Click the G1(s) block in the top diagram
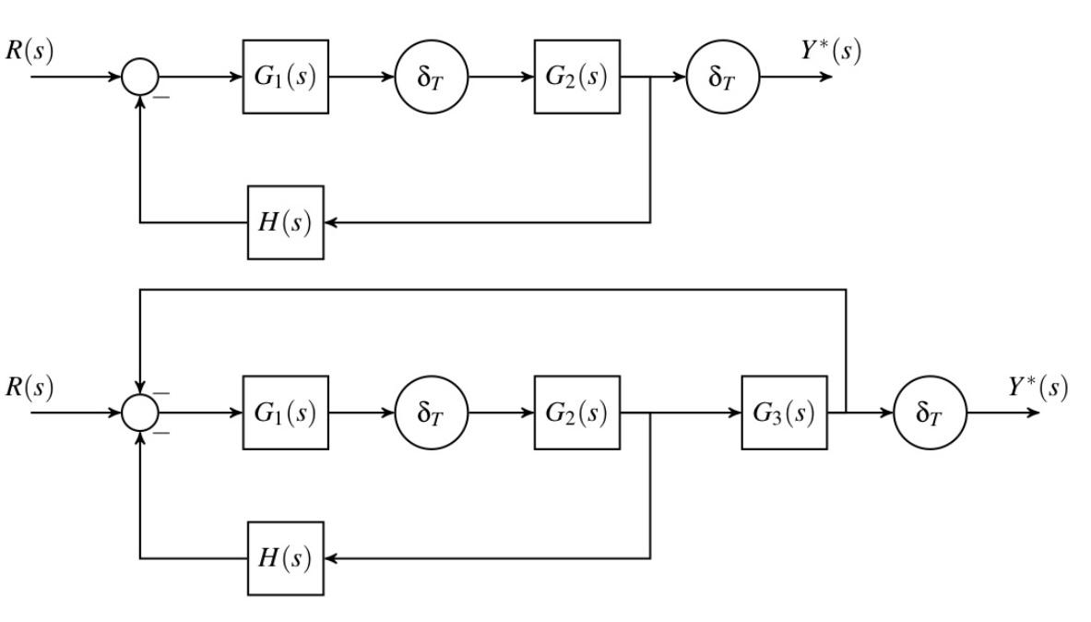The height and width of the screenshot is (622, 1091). pyautogui.click(x=285, y=77)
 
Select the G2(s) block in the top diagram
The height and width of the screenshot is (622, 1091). pyautogui.click(x=576, y=77)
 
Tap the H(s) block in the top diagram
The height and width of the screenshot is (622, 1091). pyautogui.click(x=286, y=222)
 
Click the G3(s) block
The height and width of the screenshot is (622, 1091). pyautogui.click(x=784, y=413)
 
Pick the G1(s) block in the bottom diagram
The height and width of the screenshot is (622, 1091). pyautogui.click(x=285, y=413)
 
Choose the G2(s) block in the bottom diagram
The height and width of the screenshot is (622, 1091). pyautogui.click(x=576, y=413)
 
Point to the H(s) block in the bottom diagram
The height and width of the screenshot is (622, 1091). pyautogui.click(x=286, y=558)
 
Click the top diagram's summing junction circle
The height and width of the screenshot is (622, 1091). pyautogui.click(x=140, y=77)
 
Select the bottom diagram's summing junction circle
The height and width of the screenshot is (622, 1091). pyautogui.click(x=140, y=413)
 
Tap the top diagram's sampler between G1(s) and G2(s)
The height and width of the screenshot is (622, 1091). pyautogui.click(x=432, y=77)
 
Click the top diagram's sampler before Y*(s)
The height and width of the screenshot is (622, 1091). pyautogui.click(x=723, y=77)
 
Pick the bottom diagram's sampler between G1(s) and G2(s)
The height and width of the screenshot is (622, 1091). pyautogui.click(x=432, y=413)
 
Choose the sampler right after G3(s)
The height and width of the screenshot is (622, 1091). pyautogui.click(x=931, y=413)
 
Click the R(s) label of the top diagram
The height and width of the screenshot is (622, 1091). pyautogui.click(x=29, y=52)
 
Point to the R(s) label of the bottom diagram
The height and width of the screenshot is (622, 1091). pyautogui.click(x=29, y=388)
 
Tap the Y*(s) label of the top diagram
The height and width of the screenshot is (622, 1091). pyautogui.click(x=830, y=52)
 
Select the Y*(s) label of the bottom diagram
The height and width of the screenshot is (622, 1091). pyautogui.click(x=1038, y=388)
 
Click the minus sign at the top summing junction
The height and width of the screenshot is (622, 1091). pyautogui.click(x=161, y=96)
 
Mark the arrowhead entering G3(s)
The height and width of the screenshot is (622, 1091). pyautogui.click(x=735, y=413)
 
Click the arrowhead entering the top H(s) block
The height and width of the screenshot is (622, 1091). pyautogui.click(x=331, y=222)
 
